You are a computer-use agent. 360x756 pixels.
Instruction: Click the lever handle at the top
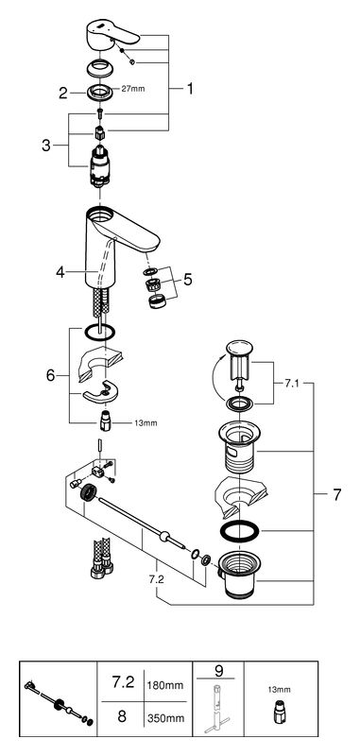pyautogui.click(x=111, y=36)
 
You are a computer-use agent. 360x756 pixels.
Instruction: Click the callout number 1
pyautogui.click(x=190, y=89)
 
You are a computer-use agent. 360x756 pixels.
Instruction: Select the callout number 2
pyautogui.click(x=63, y=93)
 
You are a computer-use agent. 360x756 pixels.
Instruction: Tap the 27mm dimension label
pyautogui.click(x=134, y=89)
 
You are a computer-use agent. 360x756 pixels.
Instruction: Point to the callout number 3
pyautogui.click(x=45, y=146)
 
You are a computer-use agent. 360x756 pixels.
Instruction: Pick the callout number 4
pyautogui.click(x=60, y=272)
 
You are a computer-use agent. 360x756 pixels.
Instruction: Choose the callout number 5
pyautogui.click(x=187, y=279)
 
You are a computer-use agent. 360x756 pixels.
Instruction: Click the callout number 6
pyautogui.click(x=51, y=375)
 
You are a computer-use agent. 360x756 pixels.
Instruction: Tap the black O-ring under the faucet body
pyautogui.click(x=100, y=332)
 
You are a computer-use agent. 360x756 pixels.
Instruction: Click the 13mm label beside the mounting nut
pyautogui.click(x=146, y=423)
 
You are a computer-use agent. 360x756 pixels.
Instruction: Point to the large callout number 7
pyautogui.click(x=337, y=494)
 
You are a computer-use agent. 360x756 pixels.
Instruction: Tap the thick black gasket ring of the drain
pyautogui.click(x=239, y=531)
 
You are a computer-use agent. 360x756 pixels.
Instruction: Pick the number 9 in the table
pyautogui.click(x=218, y=670)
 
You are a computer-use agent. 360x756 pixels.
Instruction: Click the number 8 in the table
pyautogui.click(x=122, y=716)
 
